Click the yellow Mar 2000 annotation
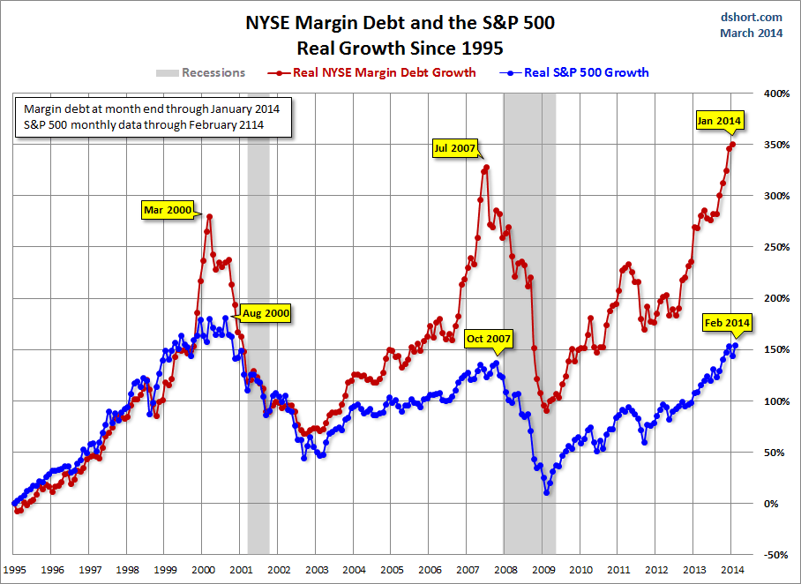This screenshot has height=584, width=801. [x=167, y=210]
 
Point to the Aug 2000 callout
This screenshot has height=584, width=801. [x=266, y=312]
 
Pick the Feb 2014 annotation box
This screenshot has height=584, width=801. [x=727, y=323]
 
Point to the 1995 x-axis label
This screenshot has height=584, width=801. [x=15, y=570]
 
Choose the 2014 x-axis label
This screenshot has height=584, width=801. [x=731, y=570]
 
